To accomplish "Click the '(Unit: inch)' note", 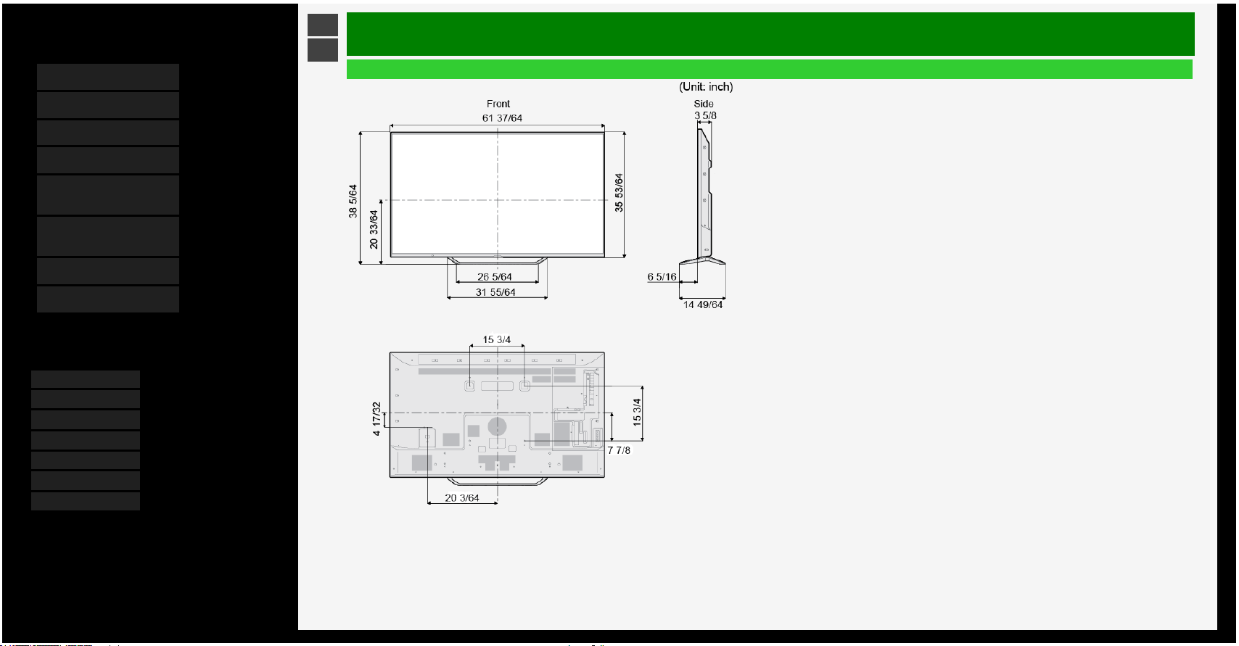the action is [x=706, y=87].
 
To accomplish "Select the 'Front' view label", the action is [x=498, y=104].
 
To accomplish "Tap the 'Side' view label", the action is [x=704, y=104].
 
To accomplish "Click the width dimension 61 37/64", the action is [x=502, y=118].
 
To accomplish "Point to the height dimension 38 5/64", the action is [x=353, y=201].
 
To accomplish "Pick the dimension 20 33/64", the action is [x=374, y=229].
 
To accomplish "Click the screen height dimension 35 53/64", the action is [x=619, y=193].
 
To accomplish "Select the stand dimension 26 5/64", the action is [x=495, y=277].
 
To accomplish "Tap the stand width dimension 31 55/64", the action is [x=495, y=292].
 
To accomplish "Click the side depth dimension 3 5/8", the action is [x=705, y=115].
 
